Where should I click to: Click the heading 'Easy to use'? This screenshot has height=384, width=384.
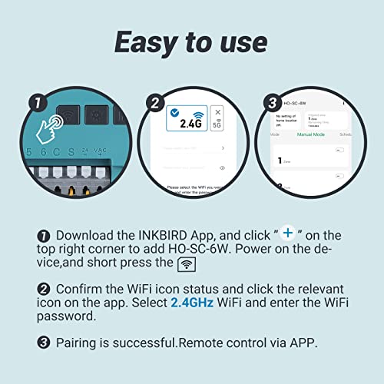tap(191, 41)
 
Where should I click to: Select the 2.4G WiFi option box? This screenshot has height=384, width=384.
tap(187, 121)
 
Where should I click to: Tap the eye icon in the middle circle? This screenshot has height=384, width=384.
tap(222, 167)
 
